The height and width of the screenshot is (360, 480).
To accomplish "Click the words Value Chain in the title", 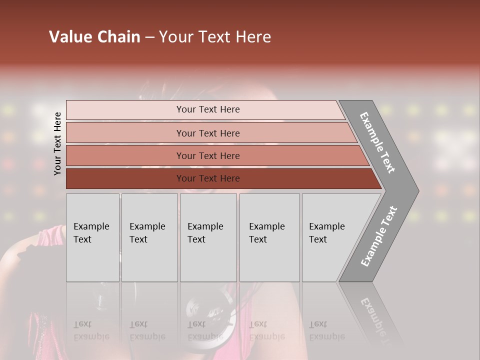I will (94, 37).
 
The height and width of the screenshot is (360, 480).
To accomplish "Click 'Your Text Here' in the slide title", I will (215, 37).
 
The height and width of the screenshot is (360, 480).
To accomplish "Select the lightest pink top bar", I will (125, 109).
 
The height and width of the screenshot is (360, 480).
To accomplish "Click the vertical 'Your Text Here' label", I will (57, 143).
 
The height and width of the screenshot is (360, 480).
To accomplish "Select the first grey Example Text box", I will (92, 237).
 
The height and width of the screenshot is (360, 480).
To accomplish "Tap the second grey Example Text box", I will (149, 237).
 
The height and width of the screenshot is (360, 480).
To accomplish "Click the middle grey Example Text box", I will (208, 237).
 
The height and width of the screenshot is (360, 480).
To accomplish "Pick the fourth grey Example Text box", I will (269, 237).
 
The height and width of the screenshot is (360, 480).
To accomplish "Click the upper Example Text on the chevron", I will (377, 142).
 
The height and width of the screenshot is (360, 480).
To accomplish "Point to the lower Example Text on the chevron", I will (378, 236).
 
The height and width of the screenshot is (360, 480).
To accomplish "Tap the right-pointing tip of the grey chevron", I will (416, 191).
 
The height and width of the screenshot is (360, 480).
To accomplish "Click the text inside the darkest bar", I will (208, 178).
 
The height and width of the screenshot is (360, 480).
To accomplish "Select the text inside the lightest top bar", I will (208, 109).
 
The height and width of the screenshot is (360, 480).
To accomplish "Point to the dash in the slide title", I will (149, 37).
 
